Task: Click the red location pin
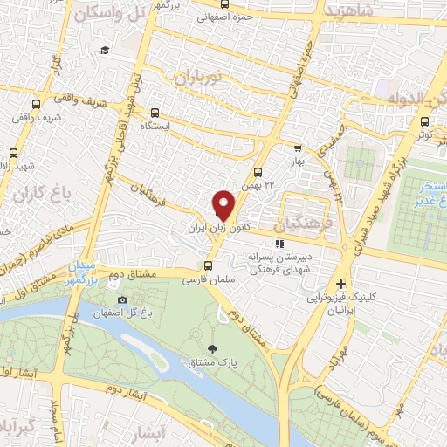pyautogui.click(x=224, y=205)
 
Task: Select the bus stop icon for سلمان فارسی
pyautogui.click(x=208, y=266)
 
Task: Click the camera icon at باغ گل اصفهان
pyautogui.click(x=122, y=300)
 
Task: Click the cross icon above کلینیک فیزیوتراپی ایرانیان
pyautogui.click(x=340, y=285)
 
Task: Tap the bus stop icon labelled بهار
pyautogui.click(x=298, y=148)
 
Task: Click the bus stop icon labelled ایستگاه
pyautogui.click(x=155, y=113)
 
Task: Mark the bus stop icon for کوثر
pyautogui.click(x=424, y=121)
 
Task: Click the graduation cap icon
pyautogui.click(x=105, y=51)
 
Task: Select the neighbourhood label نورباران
pyautogui.click(x=201, y=76)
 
